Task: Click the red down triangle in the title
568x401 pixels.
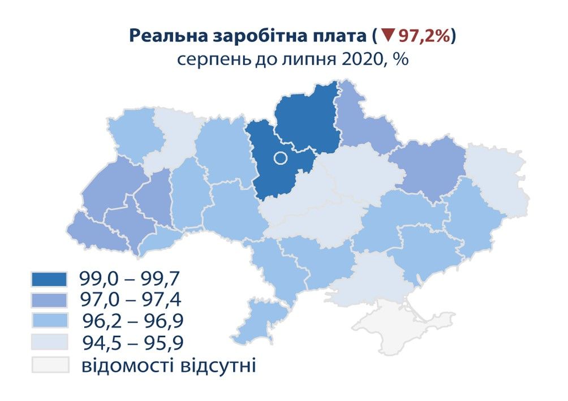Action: pos(387,36)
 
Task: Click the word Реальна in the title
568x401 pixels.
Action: pos(161,36)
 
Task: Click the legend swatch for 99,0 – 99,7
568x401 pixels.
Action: pos(50,278)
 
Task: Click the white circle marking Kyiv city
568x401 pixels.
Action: pos(280,158)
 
